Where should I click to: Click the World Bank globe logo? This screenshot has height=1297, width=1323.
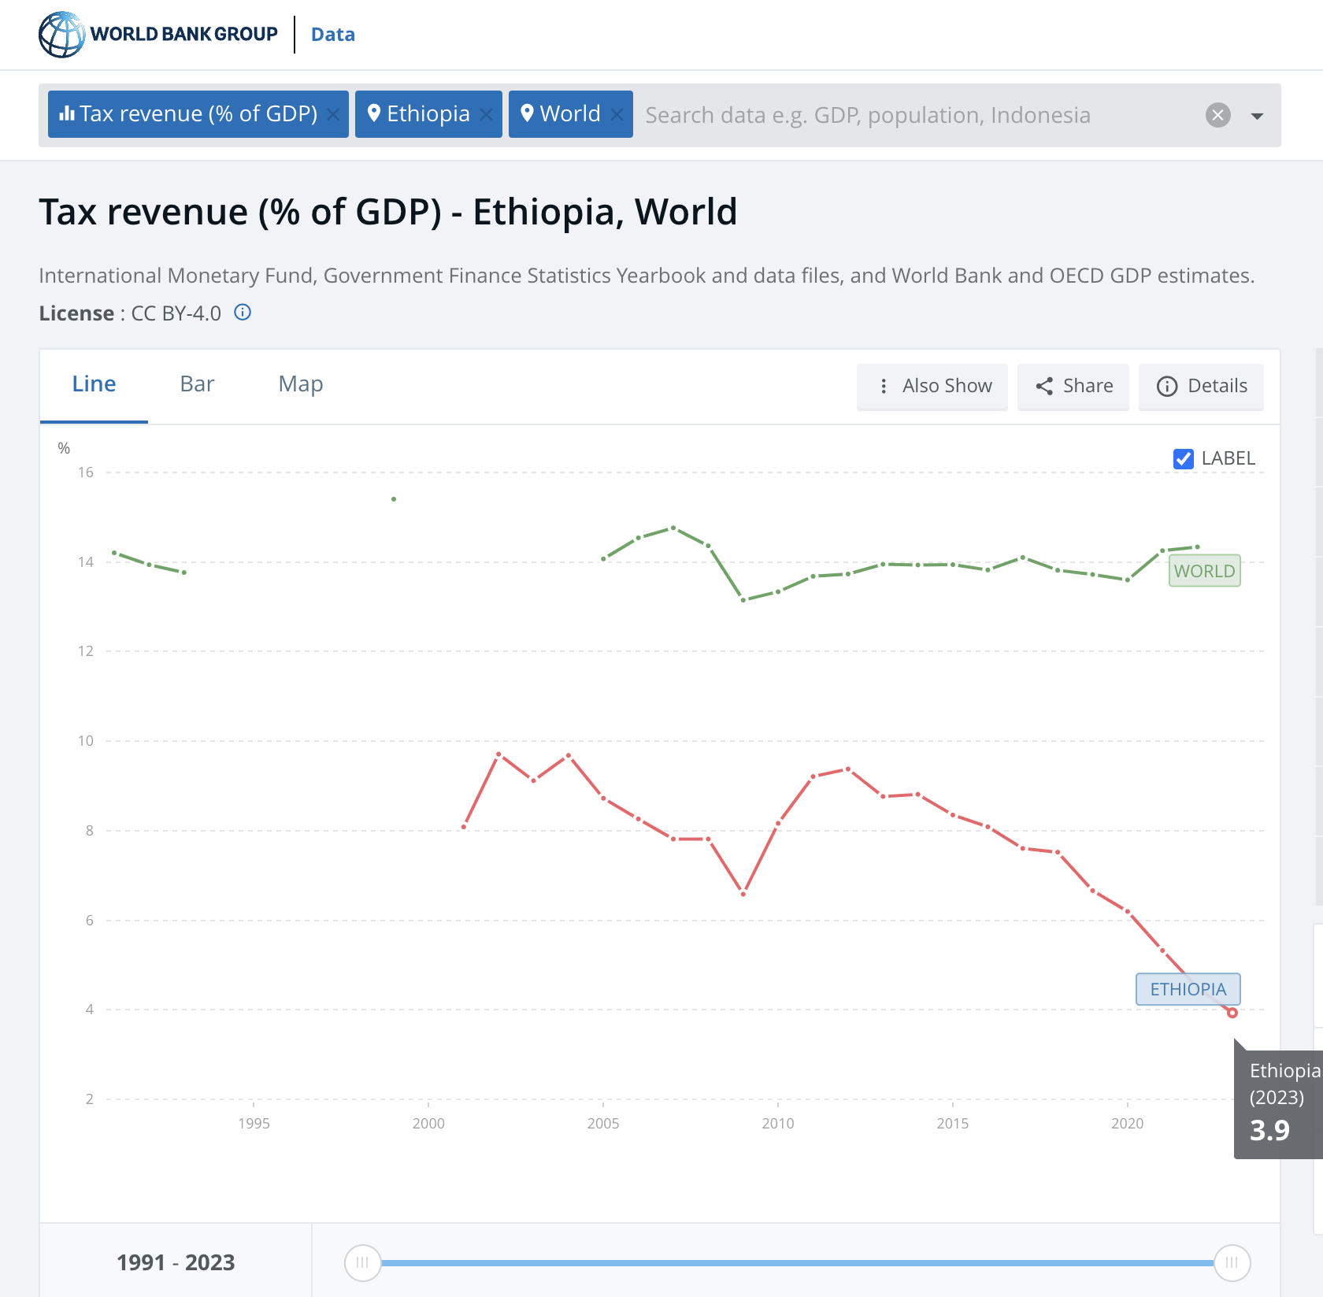click(x=61, y=35)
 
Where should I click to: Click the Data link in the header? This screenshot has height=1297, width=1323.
click(x=332, y=35)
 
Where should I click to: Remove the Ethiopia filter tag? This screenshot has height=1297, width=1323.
click(x=486, y=115)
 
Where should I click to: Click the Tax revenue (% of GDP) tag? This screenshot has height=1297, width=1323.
click(x=189, y=114)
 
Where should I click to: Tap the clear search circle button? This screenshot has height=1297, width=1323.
click(x=1217, y=115)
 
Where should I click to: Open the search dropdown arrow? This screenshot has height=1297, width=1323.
click(x=1257, y=116)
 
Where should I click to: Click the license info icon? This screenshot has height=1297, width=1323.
click(x=243, y=313)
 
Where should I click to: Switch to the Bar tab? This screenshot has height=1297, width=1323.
click(x=197, y=384)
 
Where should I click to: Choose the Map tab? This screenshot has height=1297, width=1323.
click(x=300, y=384)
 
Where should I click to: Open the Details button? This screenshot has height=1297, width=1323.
click(x=1201, y=386)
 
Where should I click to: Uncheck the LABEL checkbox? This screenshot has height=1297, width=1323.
click(x=1183, y=458)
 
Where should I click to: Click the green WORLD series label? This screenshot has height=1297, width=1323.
click(x=1204, y=571)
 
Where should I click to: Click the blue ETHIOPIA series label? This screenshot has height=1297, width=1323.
click(x=1188, y=989)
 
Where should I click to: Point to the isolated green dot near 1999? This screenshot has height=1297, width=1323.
click(x=394, y=499)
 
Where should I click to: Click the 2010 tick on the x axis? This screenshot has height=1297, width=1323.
click(x=778, y=1123)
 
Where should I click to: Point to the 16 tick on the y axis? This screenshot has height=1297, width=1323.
click(x=85, y=472)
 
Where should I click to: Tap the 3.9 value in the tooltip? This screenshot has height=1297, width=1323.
click(x=1269, y=1131)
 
